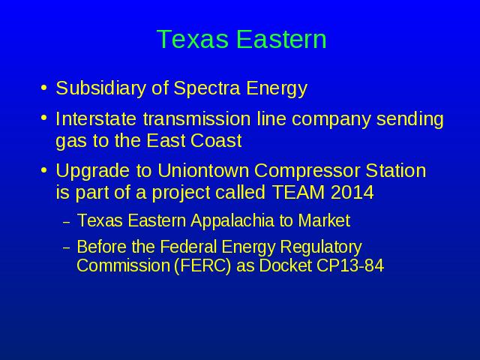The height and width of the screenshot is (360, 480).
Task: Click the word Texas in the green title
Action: [193, 39]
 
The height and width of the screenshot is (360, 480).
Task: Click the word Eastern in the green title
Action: [282, 39]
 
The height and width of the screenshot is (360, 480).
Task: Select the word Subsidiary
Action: [100, 88]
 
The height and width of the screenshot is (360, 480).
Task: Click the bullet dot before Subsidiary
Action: [44, 88]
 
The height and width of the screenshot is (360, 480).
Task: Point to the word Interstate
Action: [96, 118]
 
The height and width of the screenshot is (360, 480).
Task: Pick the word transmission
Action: [196, 118]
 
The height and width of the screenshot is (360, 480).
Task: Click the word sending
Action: [410, 120]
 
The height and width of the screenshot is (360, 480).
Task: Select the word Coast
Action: [216, 141]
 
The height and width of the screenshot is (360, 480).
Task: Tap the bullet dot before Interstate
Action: [44, 118]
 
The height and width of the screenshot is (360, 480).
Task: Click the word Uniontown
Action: [203, 170]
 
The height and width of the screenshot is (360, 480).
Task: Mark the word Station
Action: [396, 170]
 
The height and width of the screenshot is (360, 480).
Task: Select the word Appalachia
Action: [232, 221]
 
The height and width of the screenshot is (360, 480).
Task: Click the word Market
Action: [324, 220]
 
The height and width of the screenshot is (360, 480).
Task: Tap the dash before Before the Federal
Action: [67, 247]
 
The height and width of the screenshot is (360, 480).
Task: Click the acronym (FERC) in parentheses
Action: [202, 265]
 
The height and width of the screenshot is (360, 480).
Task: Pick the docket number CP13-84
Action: [350, 265]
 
